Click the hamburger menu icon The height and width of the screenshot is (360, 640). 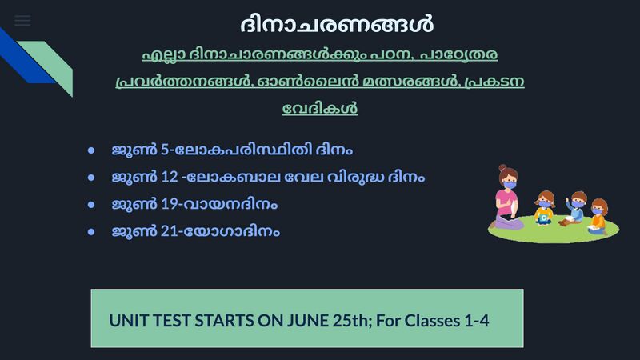pos(22,21)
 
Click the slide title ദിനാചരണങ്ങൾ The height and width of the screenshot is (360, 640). pos(336,23)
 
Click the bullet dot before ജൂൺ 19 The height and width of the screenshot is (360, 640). pos(92,204)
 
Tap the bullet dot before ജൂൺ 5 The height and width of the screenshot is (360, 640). pos(92,150)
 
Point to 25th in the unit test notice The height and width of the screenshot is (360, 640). pos(347,321)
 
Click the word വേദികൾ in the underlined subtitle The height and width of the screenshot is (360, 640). pos(320,108)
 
